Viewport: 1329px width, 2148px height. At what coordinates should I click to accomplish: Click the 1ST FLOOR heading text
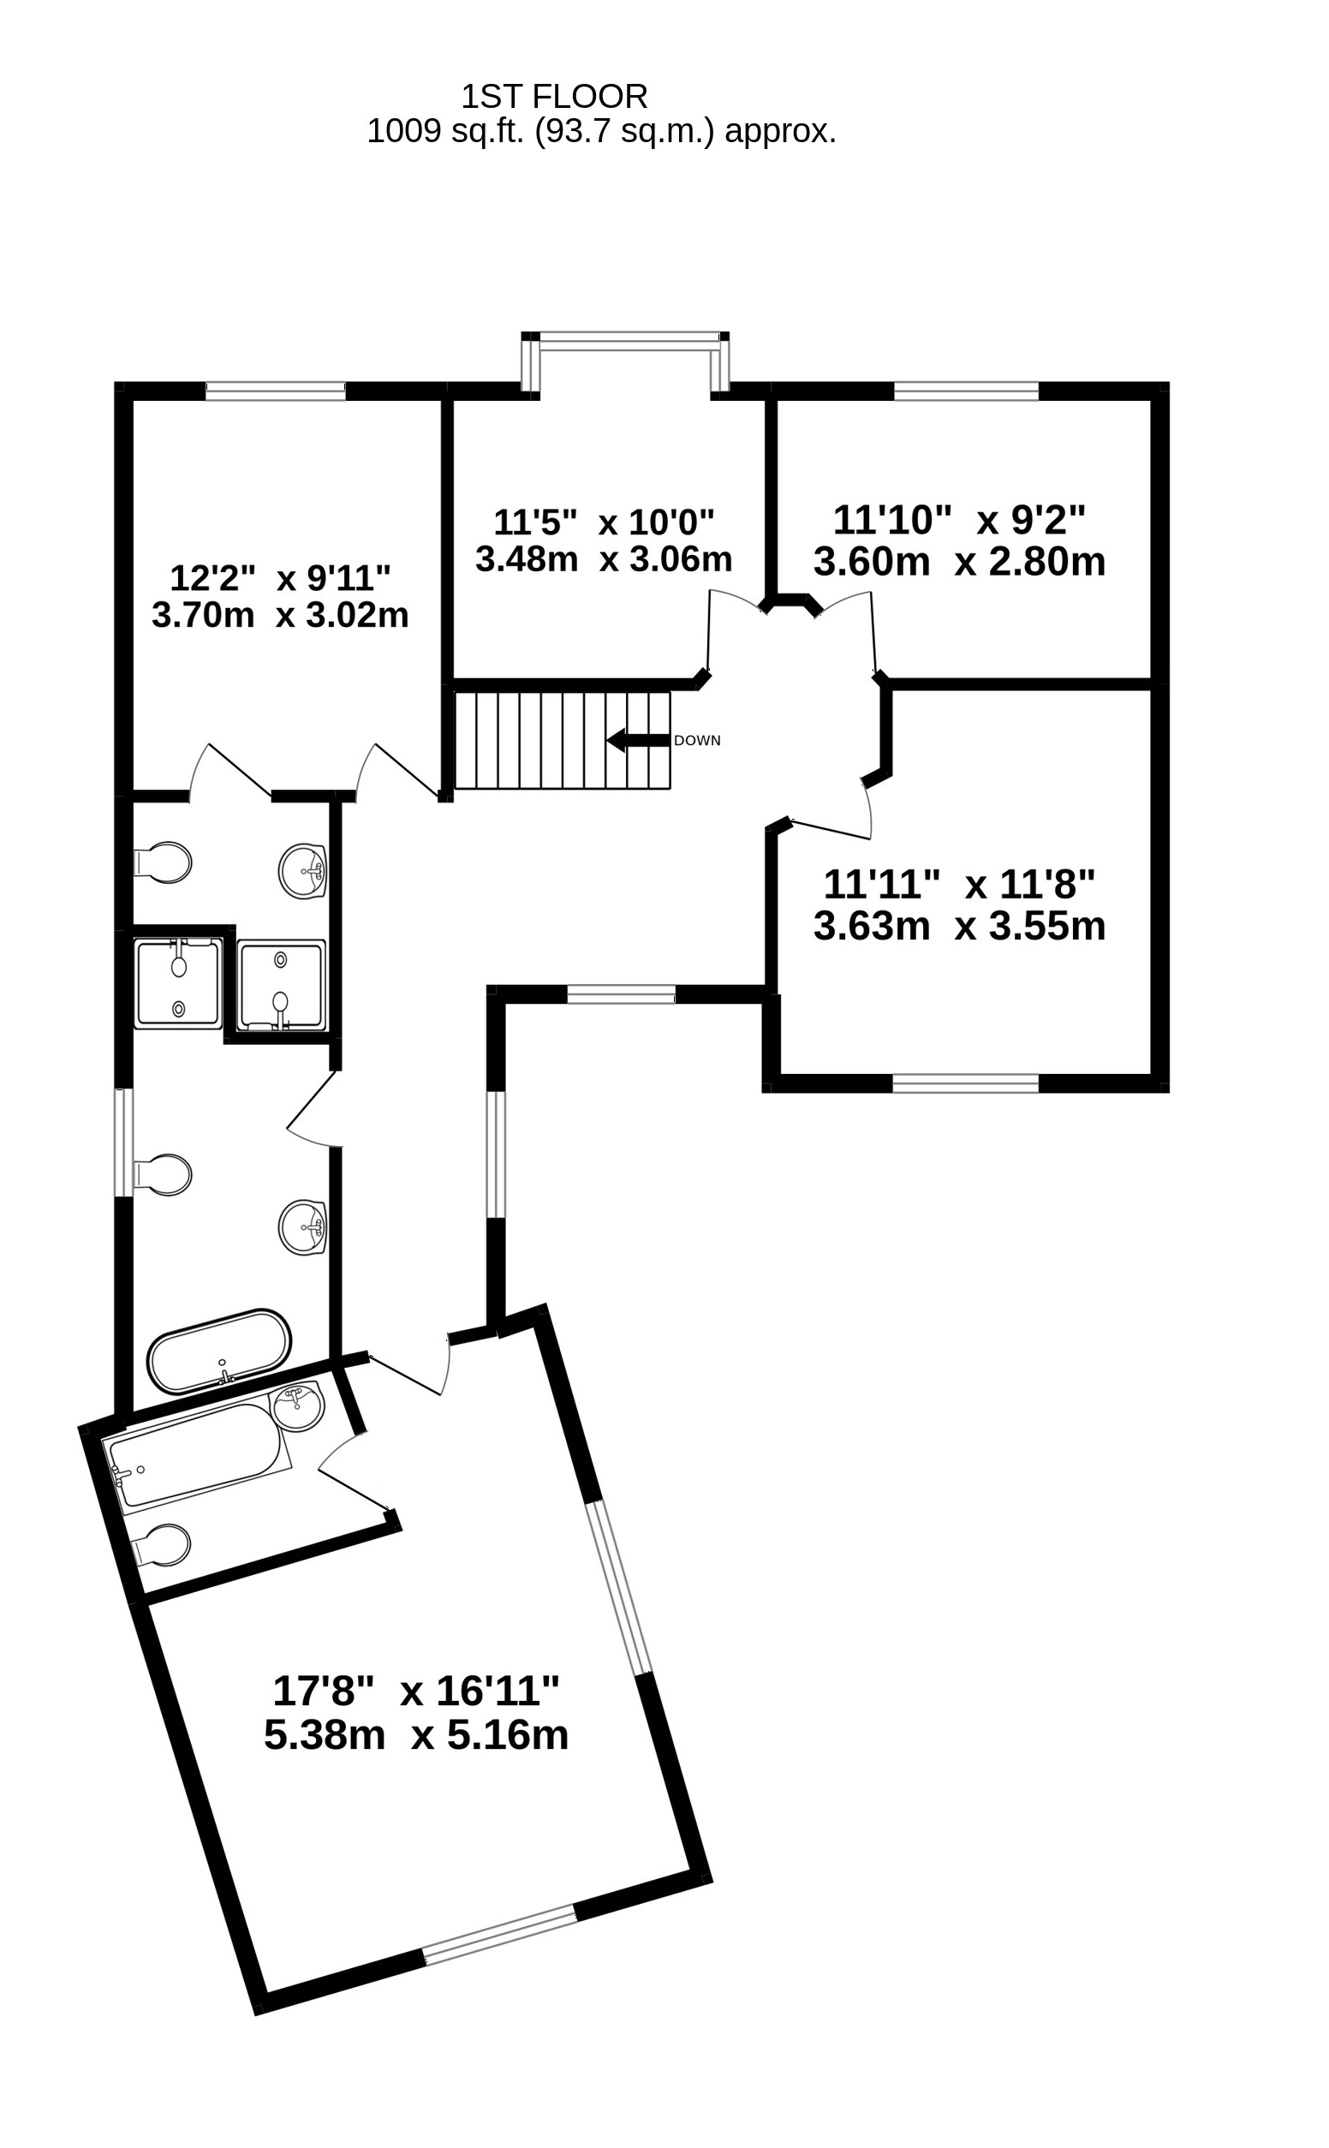pyautogui.click(x=555, y=95)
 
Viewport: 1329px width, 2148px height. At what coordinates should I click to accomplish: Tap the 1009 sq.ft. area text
pyautogui.click(x=600, y=131)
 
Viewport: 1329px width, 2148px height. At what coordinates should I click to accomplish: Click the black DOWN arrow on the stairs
pyautogui.click(x=637, y=740)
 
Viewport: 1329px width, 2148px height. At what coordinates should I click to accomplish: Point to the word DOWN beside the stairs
pyautogui.click(x=697, y=741)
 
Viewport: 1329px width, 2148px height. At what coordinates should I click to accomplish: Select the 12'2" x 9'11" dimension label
pyautogui.click(x=279, y=577)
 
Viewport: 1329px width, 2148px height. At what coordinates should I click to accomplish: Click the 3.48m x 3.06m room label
pyautogui.click(x=603, y=559)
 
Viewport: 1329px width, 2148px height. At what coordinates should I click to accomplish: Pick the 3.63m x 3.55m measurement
pyautogui.click(x=959, y=927)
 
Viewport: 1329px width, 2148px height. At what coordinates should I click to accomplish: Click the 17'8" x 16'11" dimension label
pyautogui.click(x=416, y=1690)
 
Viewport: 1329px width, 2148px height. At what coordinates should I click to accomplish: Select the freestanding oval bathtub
pyautogui.click(x=219, y=1352)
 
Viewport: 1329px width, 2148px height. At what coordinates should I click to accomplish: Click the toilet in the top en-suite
pyautogui.click(x=164, y=862)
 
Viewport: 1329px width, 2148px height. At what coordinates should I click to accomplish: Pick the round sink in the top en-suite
pyautogui.click(x=303, y=871)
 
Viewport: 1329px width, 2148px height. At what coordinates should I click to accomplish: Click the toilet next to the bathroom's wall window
pyautogui.click(x=164, y=1175)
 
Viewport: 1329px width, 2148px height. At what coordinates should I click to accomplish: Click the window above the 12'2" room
pyautogui.click(x=275, y=391)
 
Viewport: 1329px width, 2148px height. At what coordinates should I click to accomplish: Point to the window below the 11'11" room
pyautogui.click(x=965, y=1083)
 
